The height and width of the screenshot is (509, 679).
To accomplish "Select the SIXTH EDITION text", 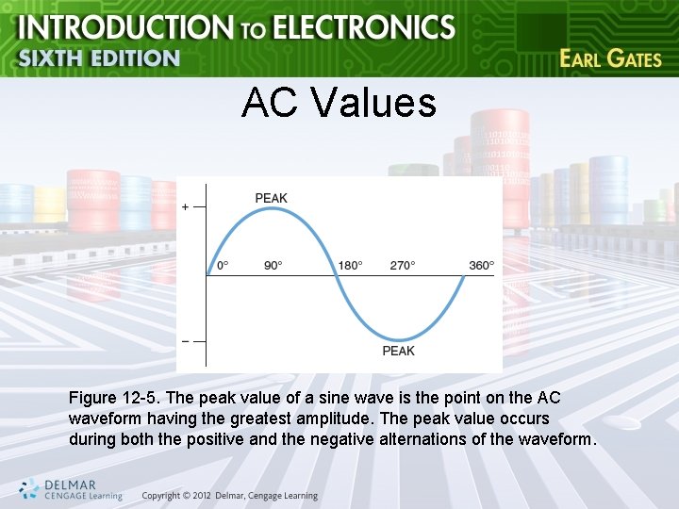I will point(98,57).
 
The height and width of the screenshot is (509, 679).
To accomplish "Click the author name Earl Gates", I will point(610,58).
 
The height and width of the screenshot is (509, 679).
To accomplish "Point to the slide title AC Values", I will point(339,103).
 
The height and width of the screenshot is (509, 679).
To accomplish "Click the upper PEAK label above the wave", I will point(272,198).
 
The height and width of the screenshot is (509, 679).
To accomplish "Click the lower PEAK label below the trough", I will point(398,351).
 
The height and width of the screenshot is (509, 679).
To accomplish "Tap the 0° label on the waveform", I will point(223,265).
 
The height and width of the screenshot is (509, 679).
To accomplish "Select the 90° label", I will point(273,265).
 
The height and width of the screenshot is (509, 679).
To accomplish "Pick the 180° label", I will point(350,265).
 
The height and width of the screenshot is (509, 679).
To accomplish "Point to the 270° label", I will point(402,265).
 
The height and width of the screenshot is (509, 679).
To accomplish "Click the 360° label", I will point(481,265).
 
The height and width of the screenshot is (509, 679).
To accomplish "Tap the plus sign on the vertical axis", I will point(185,206).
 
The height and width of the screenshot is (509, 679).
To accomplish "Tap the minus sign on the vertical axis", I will point(185,340).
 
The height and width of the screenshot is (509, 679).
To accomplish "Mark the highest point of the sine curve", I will point(272,209).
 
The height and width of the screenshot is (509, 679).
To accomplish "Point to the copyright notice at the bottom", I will point(230,496).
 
